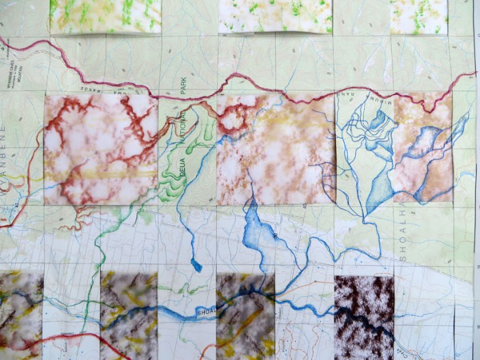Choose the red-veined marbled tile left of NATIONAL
(x=101, y=150)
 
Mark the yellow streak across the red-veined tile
(x=99, y=174)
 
